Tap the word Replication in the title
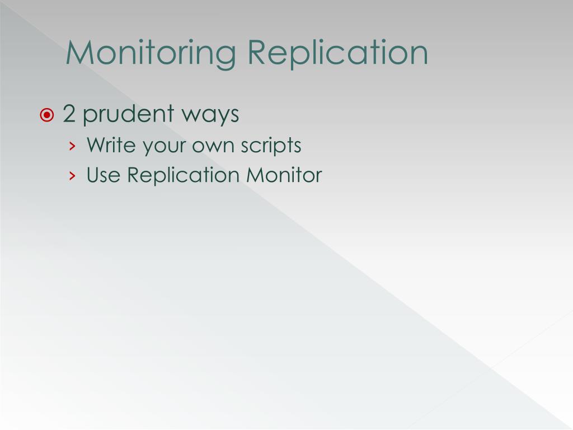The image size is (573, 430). (338, 53)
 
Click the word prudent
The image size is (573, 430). (128, 114)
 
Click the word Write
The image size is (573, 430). (111, 146)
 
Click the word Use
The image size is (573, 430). (104, 175)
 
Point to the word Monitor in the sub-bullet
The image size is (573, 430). (284, 175)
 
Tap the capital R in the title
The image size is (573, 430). (258, 53)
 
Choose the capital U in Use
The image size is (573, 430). (93, 175)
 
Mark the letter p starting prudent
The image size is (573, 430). (90, 116)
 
